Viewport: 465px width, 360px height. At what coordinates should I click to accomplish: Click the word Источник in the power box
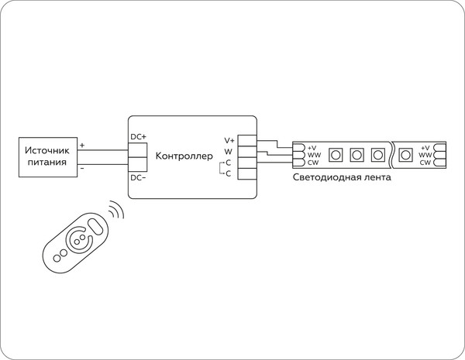[47, 150]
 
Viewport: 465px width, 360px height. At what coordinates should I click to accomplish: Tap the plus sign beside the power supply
[83, 145]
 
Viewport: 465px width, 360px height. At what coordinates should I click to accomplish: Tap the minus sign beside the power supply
[83, 167]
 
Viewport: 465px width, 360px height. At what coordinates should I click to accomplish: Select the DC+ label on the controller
[138, 137]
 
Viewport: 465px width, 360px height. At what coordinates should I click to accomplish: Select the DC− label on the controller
[138, 178]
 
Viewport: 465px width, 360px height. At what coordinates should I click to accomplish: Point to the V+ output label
[229, 139]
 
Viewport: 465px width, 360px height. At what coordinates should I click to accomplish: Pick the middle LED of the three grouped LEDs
[356, 154]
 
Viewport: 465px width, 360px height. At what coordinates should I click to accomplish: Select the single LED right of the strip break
[405, 154]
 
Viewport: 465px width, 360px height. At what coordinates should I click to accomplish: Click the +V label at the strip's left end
[312, 147]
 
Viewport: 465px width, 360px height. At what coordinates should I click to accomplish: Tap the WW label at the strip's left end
[312, 155]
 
